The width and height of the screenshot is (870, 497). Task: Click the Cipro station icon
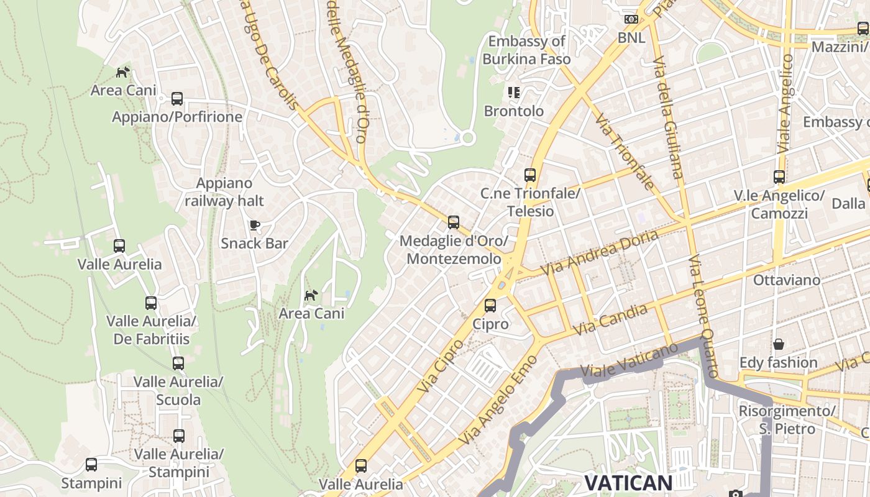[x=490, y=305]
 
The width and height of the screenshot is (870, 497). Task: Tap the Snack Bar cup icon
[x=254, y=225]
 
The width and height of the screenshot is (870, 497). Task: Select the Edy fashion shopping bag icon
[x=778, y=344]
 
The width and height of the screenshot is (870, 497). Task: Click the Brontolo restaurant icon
[x=513, y=93]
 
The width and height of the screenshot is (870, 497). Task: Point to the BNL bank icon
[x=631, y=19]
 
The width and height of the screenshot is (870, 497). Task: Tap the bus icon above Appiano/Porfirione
[x=177, y=98]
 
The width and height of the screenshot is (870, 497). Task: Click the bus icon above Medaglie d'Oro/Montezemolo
[x=454, y=222]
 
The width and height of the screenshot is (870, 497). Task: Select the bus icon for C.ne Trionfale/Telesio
[x=529, y=175]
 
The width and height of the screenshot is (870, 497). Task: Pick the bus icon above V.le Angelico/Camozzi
[x=779, y=177]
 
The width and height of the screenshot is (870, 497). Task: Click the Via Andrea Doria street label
[x=599, y=253]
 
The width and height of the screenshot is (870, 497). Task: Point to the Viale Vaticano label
[x=629, y=360]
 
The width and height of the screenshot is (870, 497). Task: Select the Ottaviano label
[x=786, y=280]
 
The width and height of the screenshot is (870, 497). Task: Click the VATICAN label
[x=628, y=483]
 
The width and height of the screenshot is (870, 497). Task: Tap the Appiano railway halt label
[x=224, y=191]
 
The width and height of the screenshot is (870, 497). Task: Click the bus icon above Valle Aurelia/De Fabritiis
[x=151, y=303]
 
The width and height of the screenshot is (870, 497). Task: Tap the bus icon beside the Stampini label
[x=91, y=465]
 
